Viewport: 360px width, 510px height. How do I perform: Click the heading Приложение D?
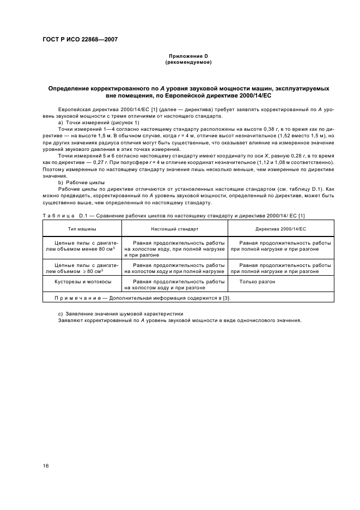click(188, 56)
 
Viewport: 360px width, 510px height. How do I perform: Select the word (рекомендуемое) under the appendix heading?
click(188, 62)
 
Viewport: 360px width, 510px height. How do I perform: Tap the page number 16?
click(46, 465)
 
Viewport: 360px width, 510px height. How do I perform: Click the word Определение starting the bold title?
click(68, 88)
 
